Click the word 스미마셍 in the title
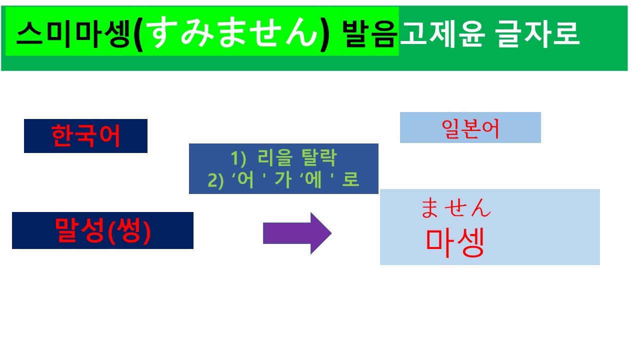click(74, 34)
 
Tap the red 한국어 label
click(85, 136)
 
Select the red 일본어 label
click(470, 128)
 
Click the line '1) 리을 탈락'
click(284, 159)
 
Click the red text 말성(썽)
click(102, 230)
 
